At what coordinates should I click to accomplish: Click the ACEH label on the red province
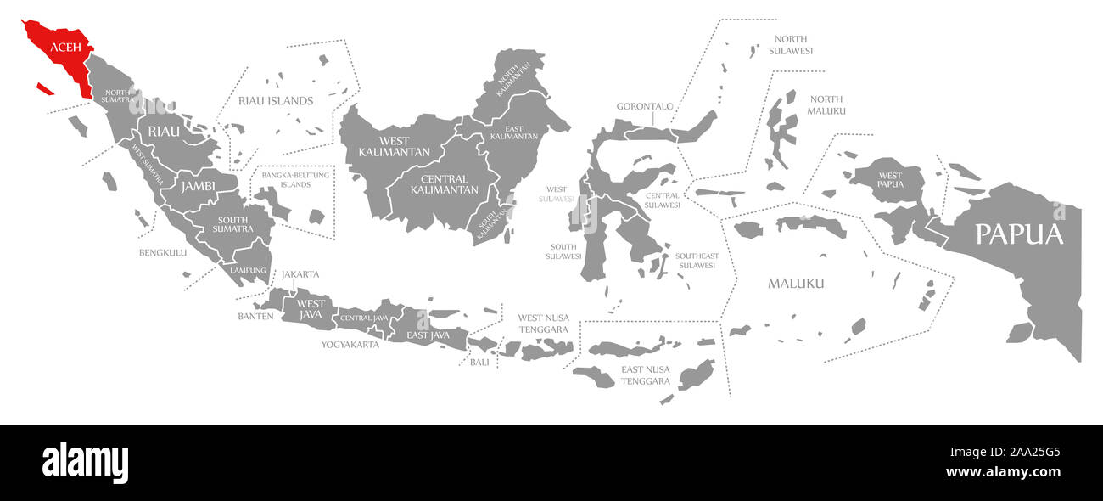[65, 47]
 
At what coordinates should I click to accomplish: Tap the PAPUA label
[1018, 234]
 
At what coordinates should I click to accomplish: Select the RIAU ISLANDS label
[276, 101]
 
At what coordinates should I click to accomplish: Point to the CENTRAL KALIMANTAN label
[444, 183]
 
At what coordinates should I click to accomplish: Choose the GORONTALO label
[645, 106]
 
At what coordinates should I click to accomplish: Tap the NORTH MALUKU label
[826, 105]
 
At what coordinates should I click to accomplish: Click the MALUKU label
[795, 284]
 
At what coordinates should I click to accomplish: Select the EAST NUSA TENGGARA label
[645, 375]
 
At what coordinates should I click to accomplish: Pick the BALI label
[479, 362]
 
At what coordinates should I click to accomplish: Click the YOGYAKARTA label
[350, 345]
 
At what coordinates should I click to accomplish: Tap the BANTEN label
[255, 316]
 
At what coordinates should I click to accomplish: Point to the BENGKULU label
[163, 252]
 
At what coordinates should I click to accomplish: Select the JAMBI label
[196, 185]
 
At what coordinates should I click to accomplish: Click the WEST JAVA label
[311, 310]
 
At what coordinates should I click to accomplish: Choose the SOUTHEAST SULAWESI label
[697, 261]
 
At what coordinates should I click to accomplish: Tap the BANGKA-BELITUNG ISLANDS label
[295, 180]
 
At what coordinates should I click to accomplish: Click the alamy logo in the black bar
[85, 463]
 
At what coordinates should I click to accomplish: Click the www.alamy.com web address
[1003, 472]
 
